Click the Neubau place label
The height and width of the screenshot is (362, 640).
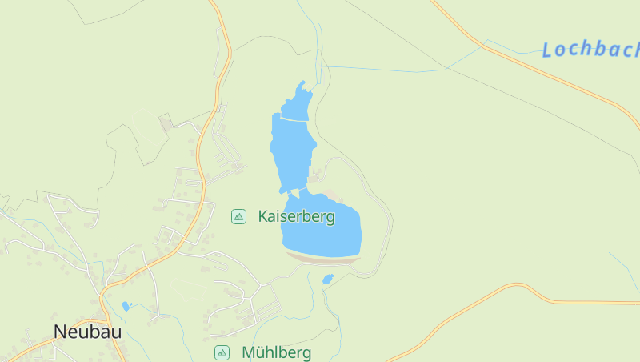click(x=88, y=331)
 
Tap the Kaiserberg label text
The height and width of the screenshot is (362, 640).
click(x=297, y=216)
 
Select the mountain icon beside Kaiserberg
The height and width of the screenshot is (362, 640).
click(x=238, y=216)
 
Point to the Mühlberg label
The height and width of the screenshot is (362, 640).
click(x=276, y=352)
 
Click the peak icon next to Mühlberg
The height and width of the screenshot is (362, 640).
click(x=222, y=352)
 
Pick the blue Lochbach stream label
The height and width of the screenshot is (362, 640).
click(x=591, y=50)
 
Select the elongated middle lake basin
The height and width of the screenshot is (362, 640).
click(x=293, y=152)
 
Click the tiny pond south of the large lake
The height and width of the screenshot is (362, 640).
click(x=327, y=280)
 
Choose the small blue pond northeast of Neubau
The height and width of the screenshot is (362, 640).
click(x=126, y=306)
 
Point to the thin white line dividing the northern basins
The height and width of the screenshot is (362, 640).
click(x=293, y=119)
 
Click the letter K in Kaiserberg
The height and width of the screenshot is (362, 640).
click(x=263, y=216)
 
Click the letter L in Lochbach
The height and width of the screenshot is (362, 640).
click(x=548, y=50)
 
